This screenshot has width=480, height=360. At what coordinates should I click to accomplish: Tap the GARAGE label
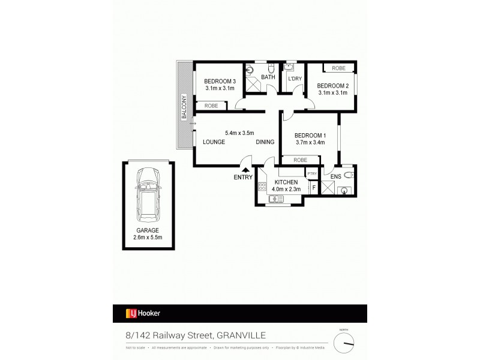(148, 230)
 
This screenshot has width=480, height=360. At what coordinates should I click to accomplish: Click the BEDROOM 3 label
(219, 81)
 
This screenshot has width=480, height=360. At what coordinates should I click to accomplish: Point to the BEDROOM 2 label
(332, 85)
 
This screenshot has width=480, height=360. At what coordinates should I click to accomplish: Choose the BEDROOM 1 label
(310, 135)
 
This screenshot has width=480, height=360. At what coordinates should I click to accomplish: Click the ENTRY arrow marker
(245, 169)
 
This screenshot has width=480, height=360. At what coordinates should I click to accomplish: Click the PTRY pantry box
(311, 173)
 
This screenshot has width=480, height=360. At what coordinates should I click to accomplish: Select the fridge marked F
(313, 187)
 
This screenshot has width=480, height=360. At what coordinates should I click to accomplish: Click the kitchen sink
(277, 199)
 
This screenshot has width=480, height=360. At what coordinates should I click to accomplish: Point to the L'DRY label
(295, 79)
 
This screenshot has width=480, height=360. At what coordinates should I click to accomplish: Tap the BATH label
(268, 77)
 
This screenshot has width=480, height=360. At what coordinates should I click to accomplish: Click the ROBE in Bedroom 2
(339, 68)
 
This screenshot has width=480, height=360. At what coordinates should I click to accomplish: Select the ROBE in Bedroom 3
(211, 106)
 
